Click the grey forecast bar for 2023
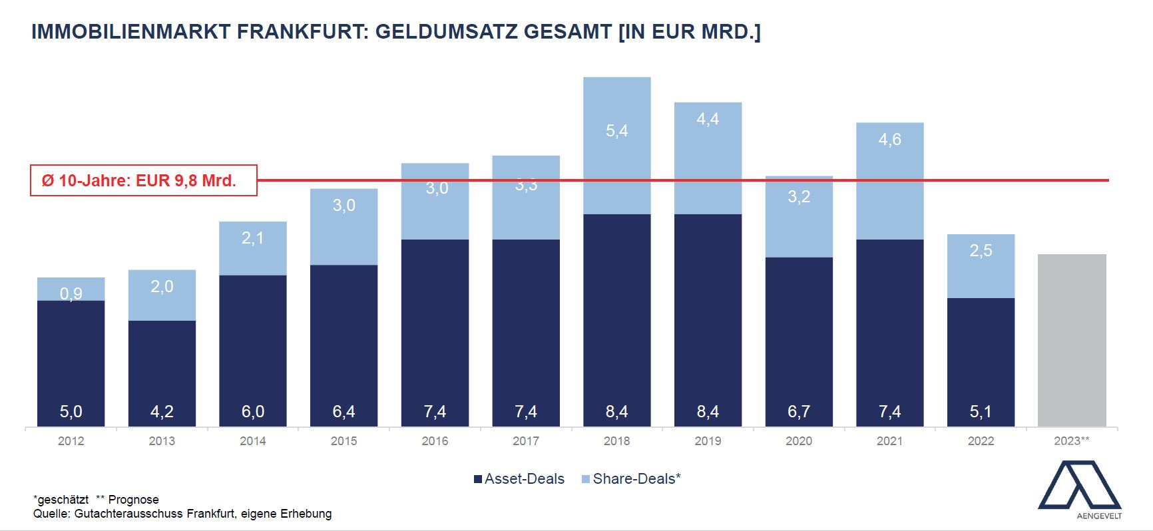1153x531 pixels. (1072, 339)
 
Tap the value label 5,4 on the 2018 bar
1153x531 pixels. (616, 131)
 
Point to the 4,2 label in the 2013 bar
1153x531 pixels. (162, 412)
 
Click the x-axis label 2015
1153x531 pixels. (344, 441)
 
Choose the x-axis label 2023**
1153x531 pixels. (1071, 441)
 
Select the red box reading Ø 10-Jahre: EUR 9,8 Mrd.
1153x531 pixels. (144, 180)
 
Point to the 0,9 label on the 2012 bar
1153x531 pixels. (71, 293)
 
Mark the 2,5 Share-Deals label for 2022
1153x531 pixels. (981, 251)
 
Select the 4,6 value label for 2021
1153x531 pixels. (889, 140)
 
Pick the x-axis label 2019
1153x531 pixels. (708, 441)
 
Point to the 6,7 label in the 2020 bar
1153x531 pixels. (799, 412)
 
